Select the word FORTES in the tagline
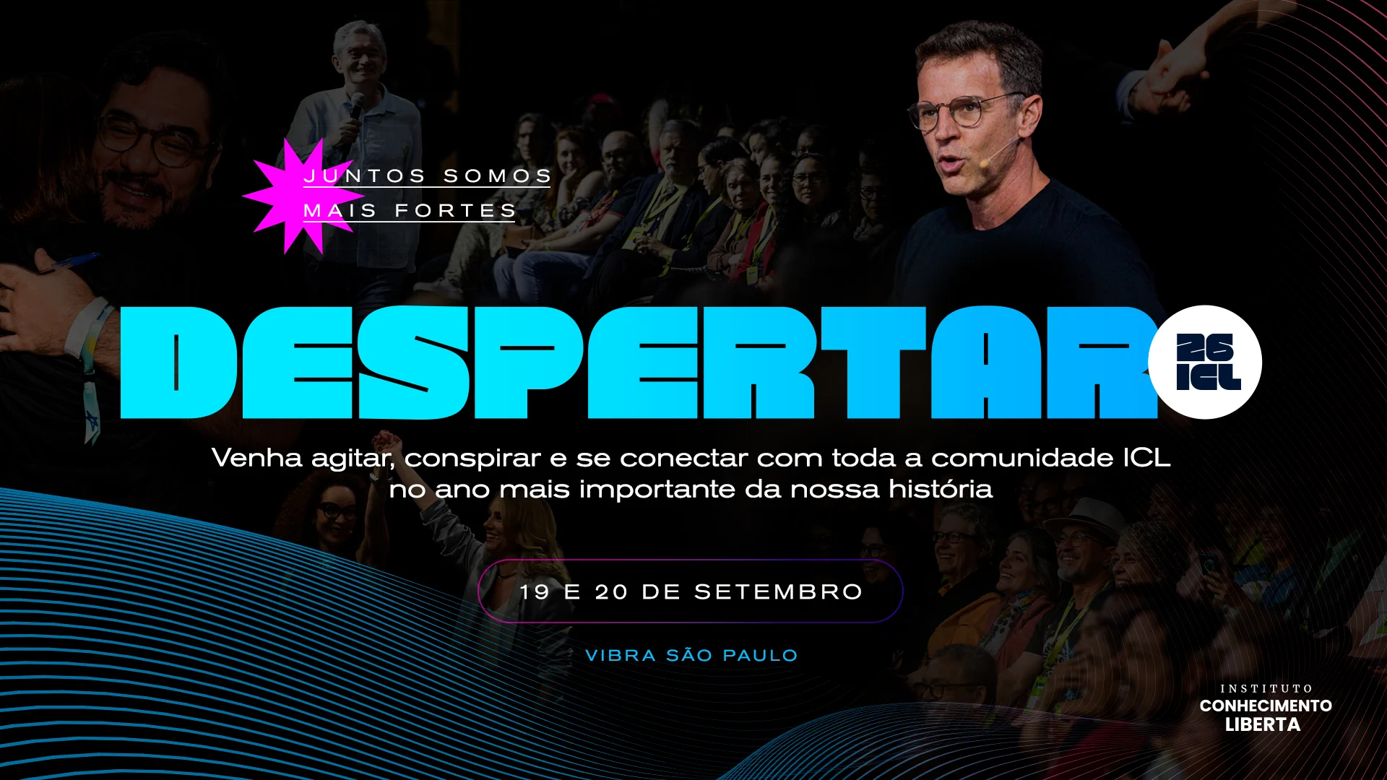455,211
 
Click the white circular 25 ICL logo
1205,362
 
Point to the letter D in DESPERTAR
178,363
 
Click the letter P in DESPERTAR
529,363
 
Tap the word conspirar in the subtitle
472,459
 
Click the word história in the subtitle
941,490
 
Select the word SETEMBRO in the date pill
779,592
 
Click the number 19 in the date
535,592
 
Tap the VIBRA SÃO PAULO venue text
691,656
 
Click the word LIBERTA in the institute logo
1263,724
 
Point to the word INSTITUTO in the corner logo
1266,689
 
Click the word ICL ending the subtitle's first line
1146,459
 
